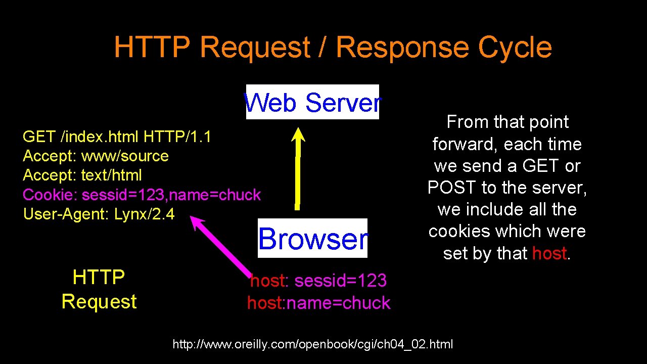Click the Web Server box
coord(312,102)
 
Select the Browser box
coord(312,239)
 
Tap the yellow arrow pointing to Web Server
coord(298,167)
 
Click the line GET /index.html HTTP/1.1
coord(117,136)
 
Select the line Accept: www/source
coord(96,156)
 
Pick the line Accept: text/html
coord(82,175)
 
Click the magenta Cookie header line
coord(142,195)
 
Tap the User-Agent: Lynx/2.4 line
coord(99,214)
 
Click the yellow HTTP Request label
coord(99,289)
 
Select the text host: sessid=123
coord(318,281)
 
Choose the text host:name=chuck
coord(318,303)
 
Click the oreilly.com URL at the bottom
coord(313,345)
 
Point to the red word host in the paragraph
coord(549,253)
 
